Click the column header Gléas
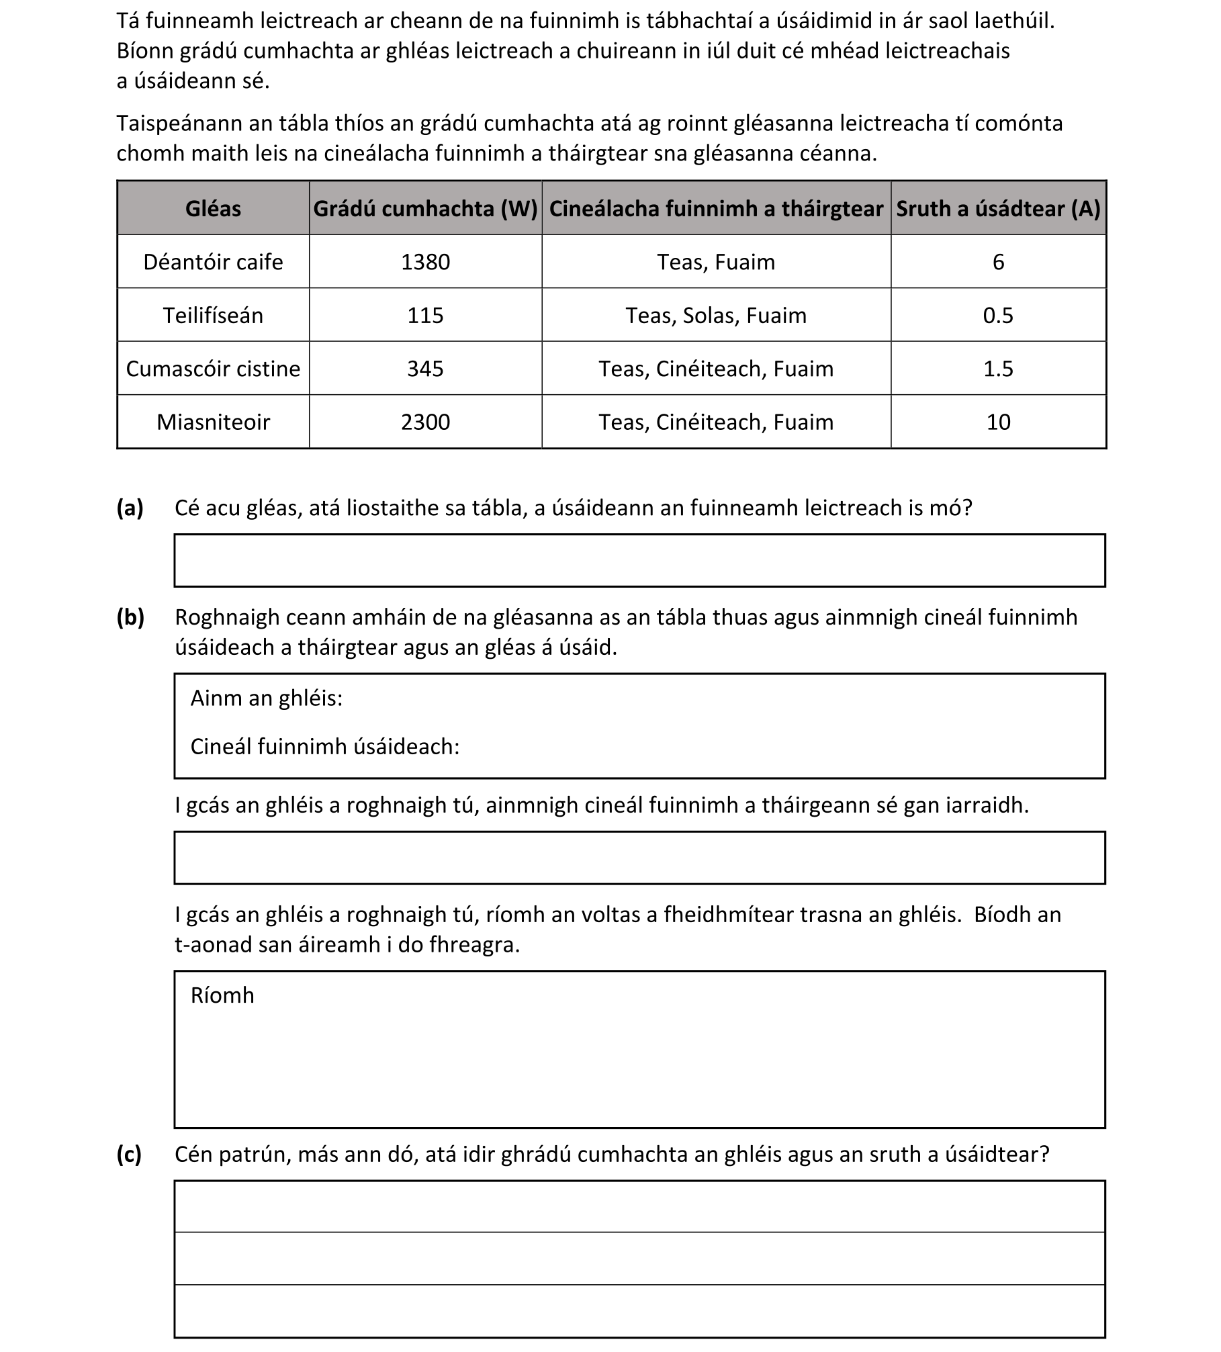(x=213, y=209)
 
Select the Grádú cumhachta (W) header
(x=425, y=209)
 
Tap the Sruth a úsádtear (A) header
(x=998, y=209)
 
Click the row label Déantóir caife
(x=213, y=262)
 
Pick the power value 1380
(x=425, y=262)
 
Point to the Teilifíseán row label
(x=213, y=315)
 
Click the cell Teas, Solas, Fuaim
(x=716, y=315)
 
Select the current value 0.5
(x=998, y=315)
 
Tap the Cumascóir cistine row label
(x=213, y=369)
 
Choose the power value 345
(x=425, y=369)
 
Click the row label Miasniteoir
(x=213, y=422)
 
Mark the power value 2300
(x=425, y=422)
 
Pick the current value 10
(x=998, y=422)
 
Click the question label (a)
(x=130, y=508)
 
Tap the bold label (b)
(x=130, y=617)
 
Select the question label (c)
(x=129, y=1154)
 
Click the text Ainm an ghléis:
(x=267, y=698)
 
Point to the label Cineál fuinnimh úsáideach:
(x=325, y=747)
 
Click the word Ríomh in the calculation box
(x=222, y=995)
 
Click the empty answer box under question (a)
(x=639, y=560)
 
